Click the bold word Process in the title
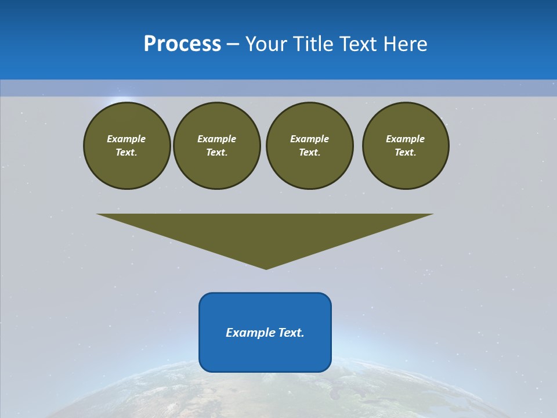pyautogui.click(x=182, y=44)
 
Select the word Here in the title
pyautogui.click(x=405, y=44)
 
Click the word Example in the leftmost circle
pyautogui.click(x=126, y=139)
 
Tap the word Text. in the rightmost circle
pyautogui.click(x=405, y=152)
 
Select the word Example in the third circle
pyautogui.click(x=309, y=139)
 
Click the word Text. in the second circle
pyautogui.click(x=216, y=152)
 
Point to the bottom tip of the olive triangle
pyautogui.click(x=266, y=268)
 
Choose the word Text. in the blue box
pyautogui.click(x=291, y=333)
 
